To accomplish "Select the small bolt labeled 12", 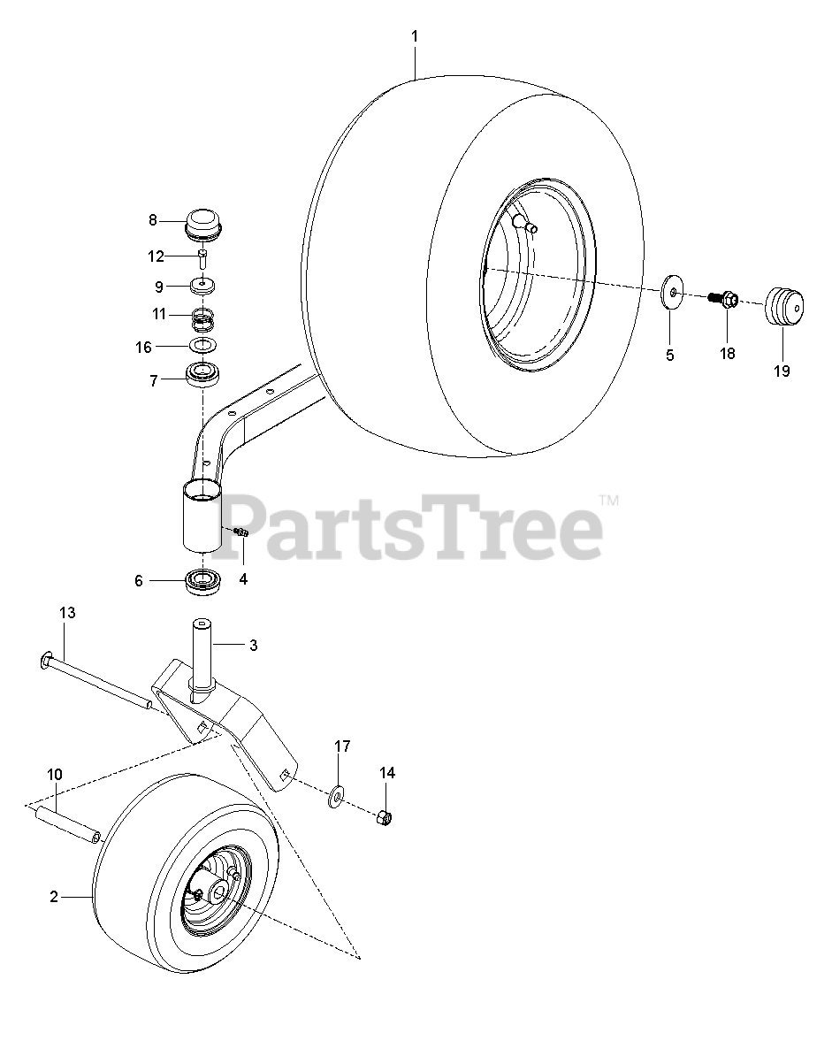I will [x=203, y=258].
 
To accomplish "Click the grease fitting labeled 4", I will [x=242, y=531].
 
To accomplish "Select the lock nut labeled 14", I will [x=385, y=815].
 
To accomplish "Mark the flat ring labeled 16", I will [x=203, y=345].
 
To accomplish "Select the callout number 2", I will [x=54, y=897].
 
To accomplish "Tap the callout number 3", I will [x=253, y=646].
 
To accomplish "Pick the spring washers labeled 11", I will [x=203, y=317].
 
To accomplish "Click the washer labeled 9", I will [x=203, y=286].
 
